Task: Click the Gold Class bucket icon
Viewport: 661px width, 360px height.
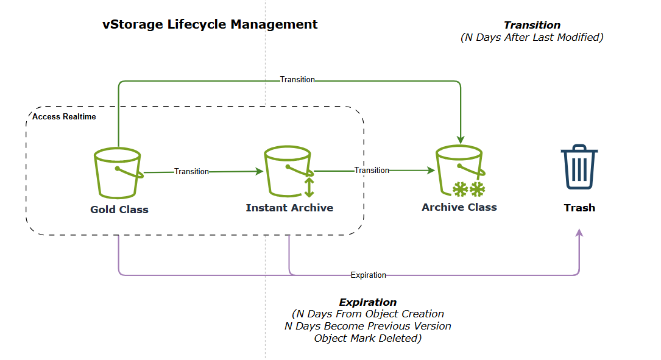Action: coord(118,174)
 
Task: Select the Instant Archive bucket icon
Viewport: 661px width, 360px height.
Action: coord(288,172)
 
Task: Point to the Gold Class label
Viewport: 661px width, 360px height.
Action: coord(119,210)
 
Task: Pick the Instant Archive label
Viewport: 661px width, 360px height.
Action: coord(289,208)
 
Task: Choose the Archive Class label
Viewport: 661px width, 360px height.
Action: coord(459,207)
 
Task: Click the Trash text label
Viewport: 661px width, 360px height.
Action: coord(579,208)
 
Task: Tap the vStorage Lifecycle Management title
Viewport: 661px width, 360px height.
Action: coord(210,25)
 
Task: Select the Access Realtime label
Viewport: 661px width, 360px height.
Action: coord(64,116)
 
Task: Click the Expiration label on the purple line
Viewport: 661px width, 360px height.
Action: coord(368,275)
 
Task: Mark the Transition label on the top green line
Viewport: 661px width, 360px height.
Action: coord(297,80)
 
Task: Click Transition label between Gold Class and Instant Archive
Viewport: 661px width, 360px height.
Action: coord(191,172)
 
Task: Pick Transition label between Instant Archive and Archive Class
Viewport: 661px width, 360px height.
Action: coord(372,171)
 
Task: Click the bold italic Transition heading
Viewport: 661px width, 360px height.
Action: coord(532,26)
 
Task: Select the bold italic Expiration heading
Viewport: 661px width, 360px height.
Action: coord(367,303)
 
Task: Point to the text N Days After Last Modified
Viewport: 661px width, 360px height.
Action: coord(532,38)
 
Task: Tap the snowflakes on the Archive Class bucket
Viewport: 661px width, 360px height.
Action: coord(468,189)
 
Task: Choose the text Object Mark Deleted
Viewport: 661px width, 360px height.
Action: coord(367,338)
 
